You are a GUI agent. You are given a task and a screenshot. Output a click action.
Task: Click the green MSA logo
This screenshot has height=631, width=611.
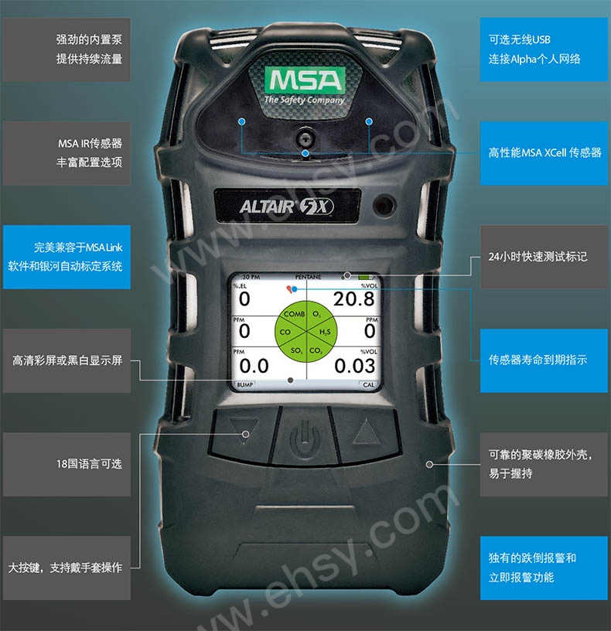tap(305, 80)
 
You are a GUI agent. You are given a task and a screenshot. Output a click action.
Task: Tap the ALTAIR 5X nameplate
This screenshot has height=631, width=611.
tap(288, 206)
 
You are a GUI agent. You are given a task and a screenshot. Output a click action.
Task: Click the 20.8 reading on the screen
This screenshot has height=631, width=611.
tap(353, 299)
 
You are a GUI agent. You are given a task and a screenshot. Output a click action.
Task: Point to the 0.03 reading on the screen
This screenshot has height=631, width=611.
tap(354, 366)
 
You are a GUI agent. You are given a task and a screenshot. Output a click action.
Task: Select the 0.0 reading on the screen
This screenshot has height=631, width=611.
tap(254, 366)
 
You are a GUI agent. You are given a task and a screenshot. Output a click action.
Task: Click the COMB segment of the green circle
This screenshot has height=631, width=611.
tap(294, 314)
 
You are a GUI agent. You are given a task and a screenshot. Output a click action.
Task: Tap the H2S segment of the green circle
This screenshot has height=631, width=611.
tap(324, 332)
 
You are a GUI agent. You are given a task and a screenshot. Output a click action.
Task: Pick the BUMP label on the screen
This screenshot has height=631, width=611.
tap(244, 385)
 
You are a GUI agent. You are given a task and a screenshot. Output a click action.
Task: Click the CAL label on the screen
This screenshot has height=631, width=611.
tap(368, 385)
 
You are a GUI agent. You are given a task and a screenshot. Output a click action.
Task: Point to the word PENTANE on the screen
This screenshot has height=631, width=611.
tap(309, 277)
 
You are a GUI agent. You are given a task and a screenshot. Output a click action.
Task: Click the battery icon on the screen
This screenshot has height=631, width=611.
tap(366, 277)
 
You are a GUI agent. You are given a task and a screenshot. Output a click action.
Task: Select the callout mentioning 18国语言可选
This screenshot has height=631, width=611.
tap(67, 465)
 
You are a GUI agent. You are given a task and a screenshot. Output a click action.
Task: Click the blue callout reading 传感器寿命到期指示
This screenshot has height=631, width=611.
tap(544, 360)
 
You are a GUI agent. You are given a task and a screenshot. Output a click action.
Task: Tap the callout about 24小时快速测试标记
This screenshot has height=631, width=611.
tap(544, 257)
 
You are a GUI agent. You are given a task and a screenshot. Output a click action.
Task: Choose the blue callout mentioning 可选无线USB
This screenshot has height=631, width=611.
tap(544, 49)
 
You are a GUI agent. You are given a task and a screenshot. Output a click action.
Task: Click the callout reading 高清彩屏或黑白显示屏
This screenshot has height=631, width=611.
tap(67, 360)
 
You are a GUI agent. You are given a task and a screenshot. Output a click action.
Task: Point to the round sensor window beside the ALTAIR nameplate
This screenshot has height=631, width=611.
tap(384, 205)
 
